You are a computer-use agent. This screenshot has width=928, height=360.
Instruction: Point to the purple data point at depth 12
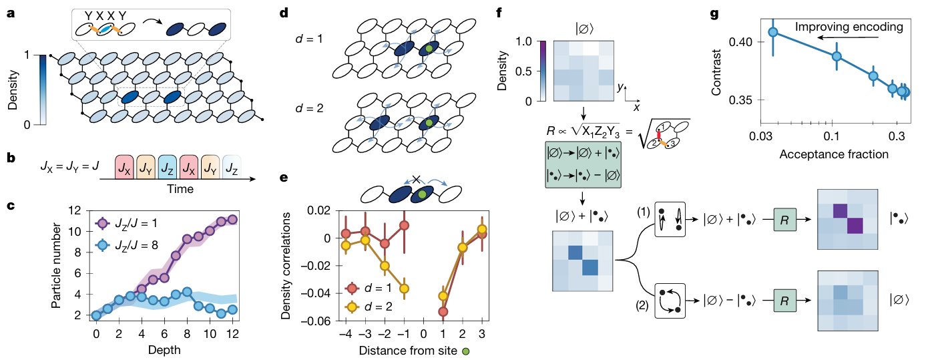coord(232,219)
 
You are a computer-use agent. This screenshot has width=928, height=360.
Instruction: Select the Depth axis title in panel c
coord(164,349)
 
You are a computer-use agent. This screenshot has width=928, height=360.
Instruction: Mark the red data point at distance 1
coord(443,311)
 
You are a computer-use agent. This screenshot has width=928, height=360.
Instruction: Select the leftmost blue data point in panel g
coord(773,32)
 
